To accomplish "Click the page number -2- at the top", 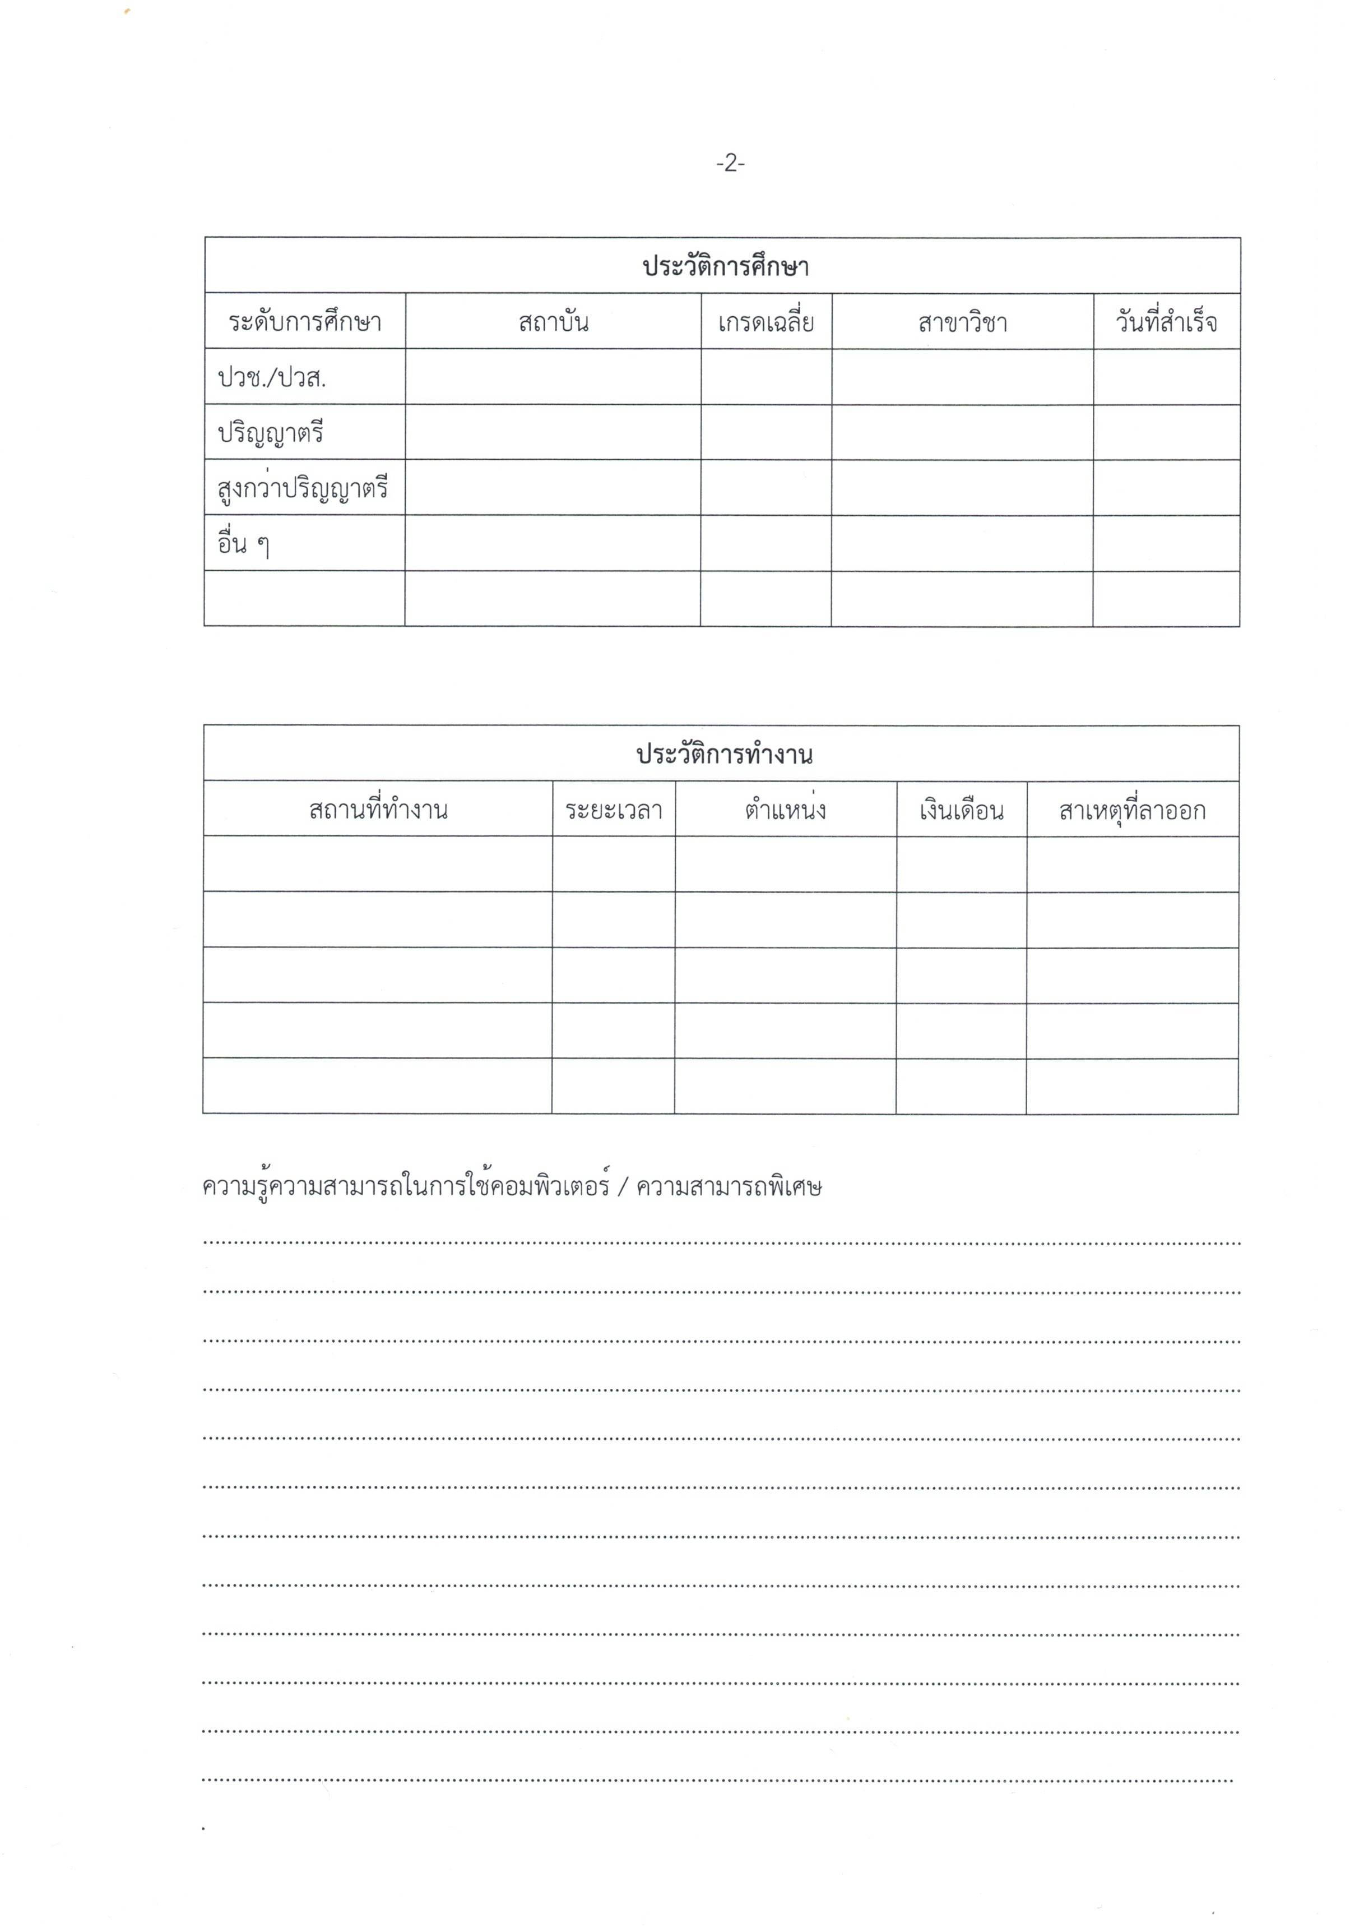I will coord(730,164).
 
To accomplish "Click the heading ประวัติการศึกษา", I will coord(725,267).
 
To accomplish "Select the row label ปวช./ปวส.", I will coord(272,378).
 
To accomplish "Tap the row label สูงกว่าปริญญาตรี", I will coord(302,488).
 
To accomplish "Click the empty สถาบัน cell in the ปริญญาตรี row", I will coord(553,432).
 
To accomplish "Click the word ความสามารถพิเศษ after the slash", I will coord(729,1187).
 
